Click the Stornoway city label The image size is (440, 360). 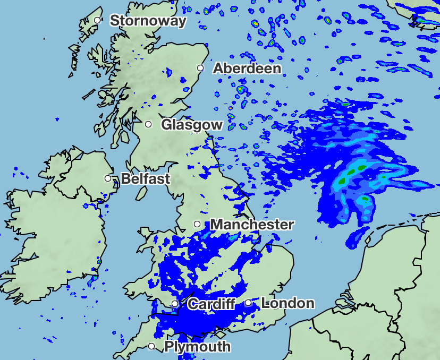(148, 21)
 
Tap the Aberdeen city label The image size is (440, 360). (247, 68)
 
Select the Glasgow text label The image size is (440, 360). (192, 125)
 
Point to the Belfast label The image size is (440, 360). (146, 178)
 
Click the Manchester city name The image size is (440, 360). (252, 225)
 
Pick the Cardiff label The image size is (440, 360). (211, 304)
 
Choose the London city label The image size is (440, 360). (288, 303)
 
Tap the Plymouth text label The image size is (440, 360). (198, 347)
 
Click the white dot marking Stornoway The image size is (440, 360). (97, 20)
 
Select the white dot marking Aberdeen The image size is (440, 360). (200, 67)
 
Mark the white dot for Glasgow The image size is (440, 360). (149, 124)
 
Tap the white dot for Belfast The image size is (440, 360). (108, 178)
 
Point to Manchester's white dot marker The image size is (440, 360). (197, 224)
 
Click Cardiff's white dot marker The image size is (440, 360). (175, 304)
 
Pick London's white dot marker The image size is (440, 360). (248, 303)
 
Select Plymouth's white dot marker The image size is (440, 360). (151, 346)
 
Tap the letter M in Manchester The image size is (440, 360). (217, 225)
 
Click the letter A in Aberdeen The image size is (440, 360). (218, 68)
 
